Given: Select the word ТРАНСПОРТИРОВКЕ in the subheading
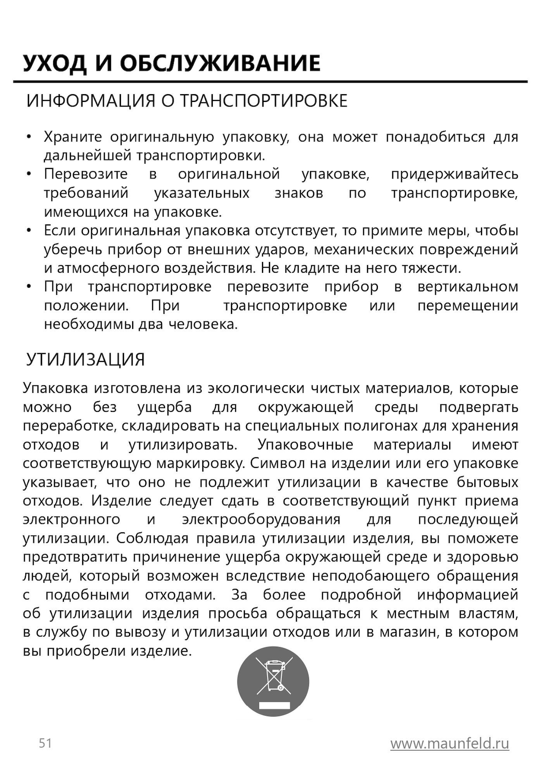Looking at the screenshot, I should pos(264,101).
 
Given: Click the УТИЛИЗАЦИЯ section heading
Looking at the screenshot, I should pos(86,360).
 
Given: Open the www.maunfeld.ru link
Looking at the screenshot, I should pos(450,744).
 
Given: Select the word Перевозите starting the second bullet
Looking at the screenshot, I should pos(86,174).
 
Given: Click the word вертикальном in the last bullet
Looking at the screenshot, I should pos(468,287).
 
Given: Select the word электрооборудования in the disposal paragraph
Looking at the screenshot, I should pos(261,520).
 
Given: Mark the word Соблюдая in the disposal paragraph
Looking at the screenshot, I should pos(152,539).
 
